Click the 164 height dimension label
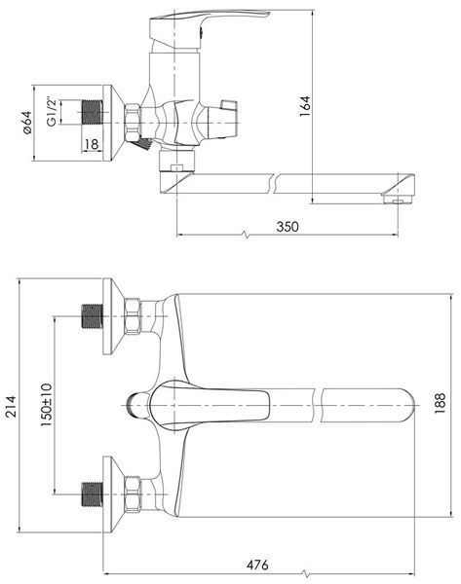(x=305, y=106)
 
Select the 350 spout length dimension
(x=288, y=227)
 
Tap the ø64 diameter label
(x=27, y=123)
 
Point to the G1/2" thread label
(x=52, y=112)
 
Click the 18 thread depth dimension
(x=92, y=144)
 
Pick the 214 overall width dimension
(x=11, y=406)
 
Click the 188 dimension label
(x=440, y=403)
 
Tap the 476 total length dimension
(x=257, y=565)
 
